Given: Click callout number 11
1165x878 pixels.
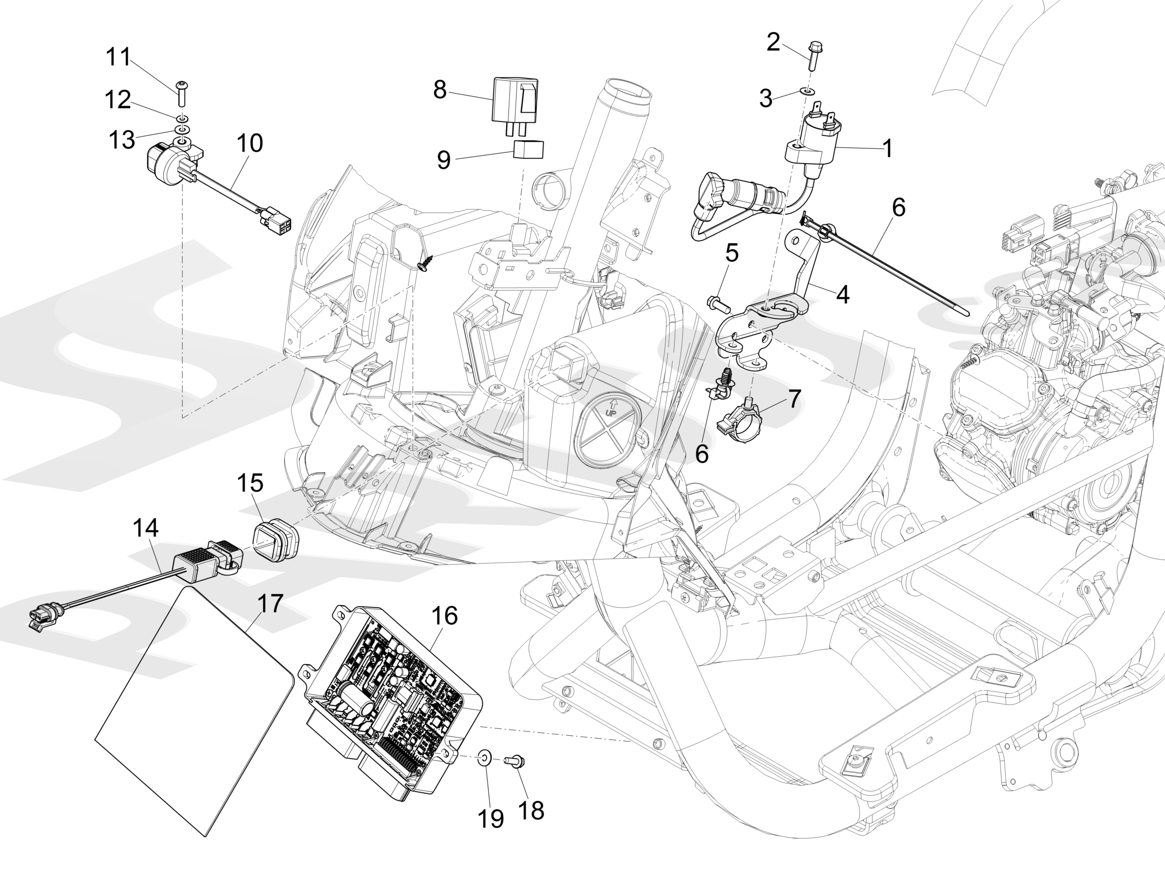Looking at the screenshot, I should tap(118, 57).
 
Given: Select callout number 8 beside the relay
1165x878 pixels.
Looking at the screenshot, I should tap(440, 90).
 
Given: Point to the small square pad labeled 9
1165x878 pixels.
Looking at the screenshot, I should tap(529, 149).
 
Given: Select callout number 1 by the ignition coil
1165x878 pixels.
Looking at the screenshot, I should tap(888, 149).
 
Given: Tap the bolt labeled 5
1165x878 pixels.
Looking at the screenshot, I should tap(717, 303).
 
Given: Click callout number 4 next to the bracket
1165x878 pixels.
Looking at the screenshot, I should tap(843, 295).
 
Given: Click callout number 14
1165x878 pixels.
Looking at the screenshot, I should tap(146, 528).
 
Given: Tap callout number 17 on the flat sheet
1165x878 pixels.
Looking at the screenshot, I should tap(270, 603).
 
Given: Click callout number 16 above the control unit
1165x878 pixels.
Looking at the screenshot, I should tap(445, 616).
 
